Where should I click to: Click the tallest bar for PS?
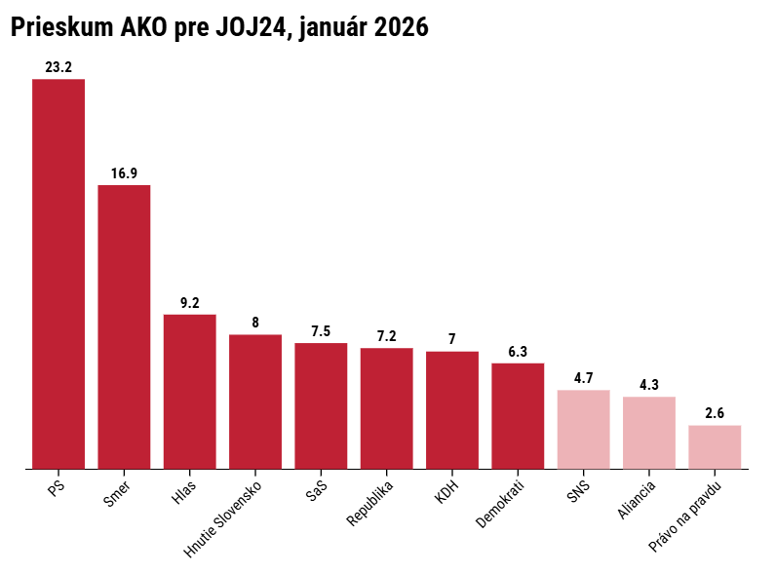(x=58, y=274)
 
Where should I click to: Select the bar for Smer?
(x=124, y=326)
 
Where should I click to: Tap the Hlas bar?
(x=189, y=391)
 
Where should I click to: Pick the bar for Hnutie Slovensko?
(x=255, y=402)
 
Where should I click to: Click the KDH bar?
(x=452, y=409)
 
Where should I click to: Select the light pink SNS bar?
(x=583, y=429)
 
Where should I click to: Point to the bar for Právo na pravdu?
(x=715, y=446)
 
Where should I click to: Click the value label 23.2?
(x=58, y=67)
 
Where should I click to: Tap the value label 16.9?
(x=124, y=173)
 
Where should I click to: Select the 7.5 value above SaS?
(x=321, y=331)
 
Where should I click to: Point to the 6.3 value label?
(x=518, y=352)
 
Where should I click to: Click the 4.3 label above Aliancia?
(x=649, y=385)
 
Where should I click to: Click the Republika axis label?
(x=370, y=502)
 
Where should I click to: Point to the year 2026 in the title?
(x=398, y=28)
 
